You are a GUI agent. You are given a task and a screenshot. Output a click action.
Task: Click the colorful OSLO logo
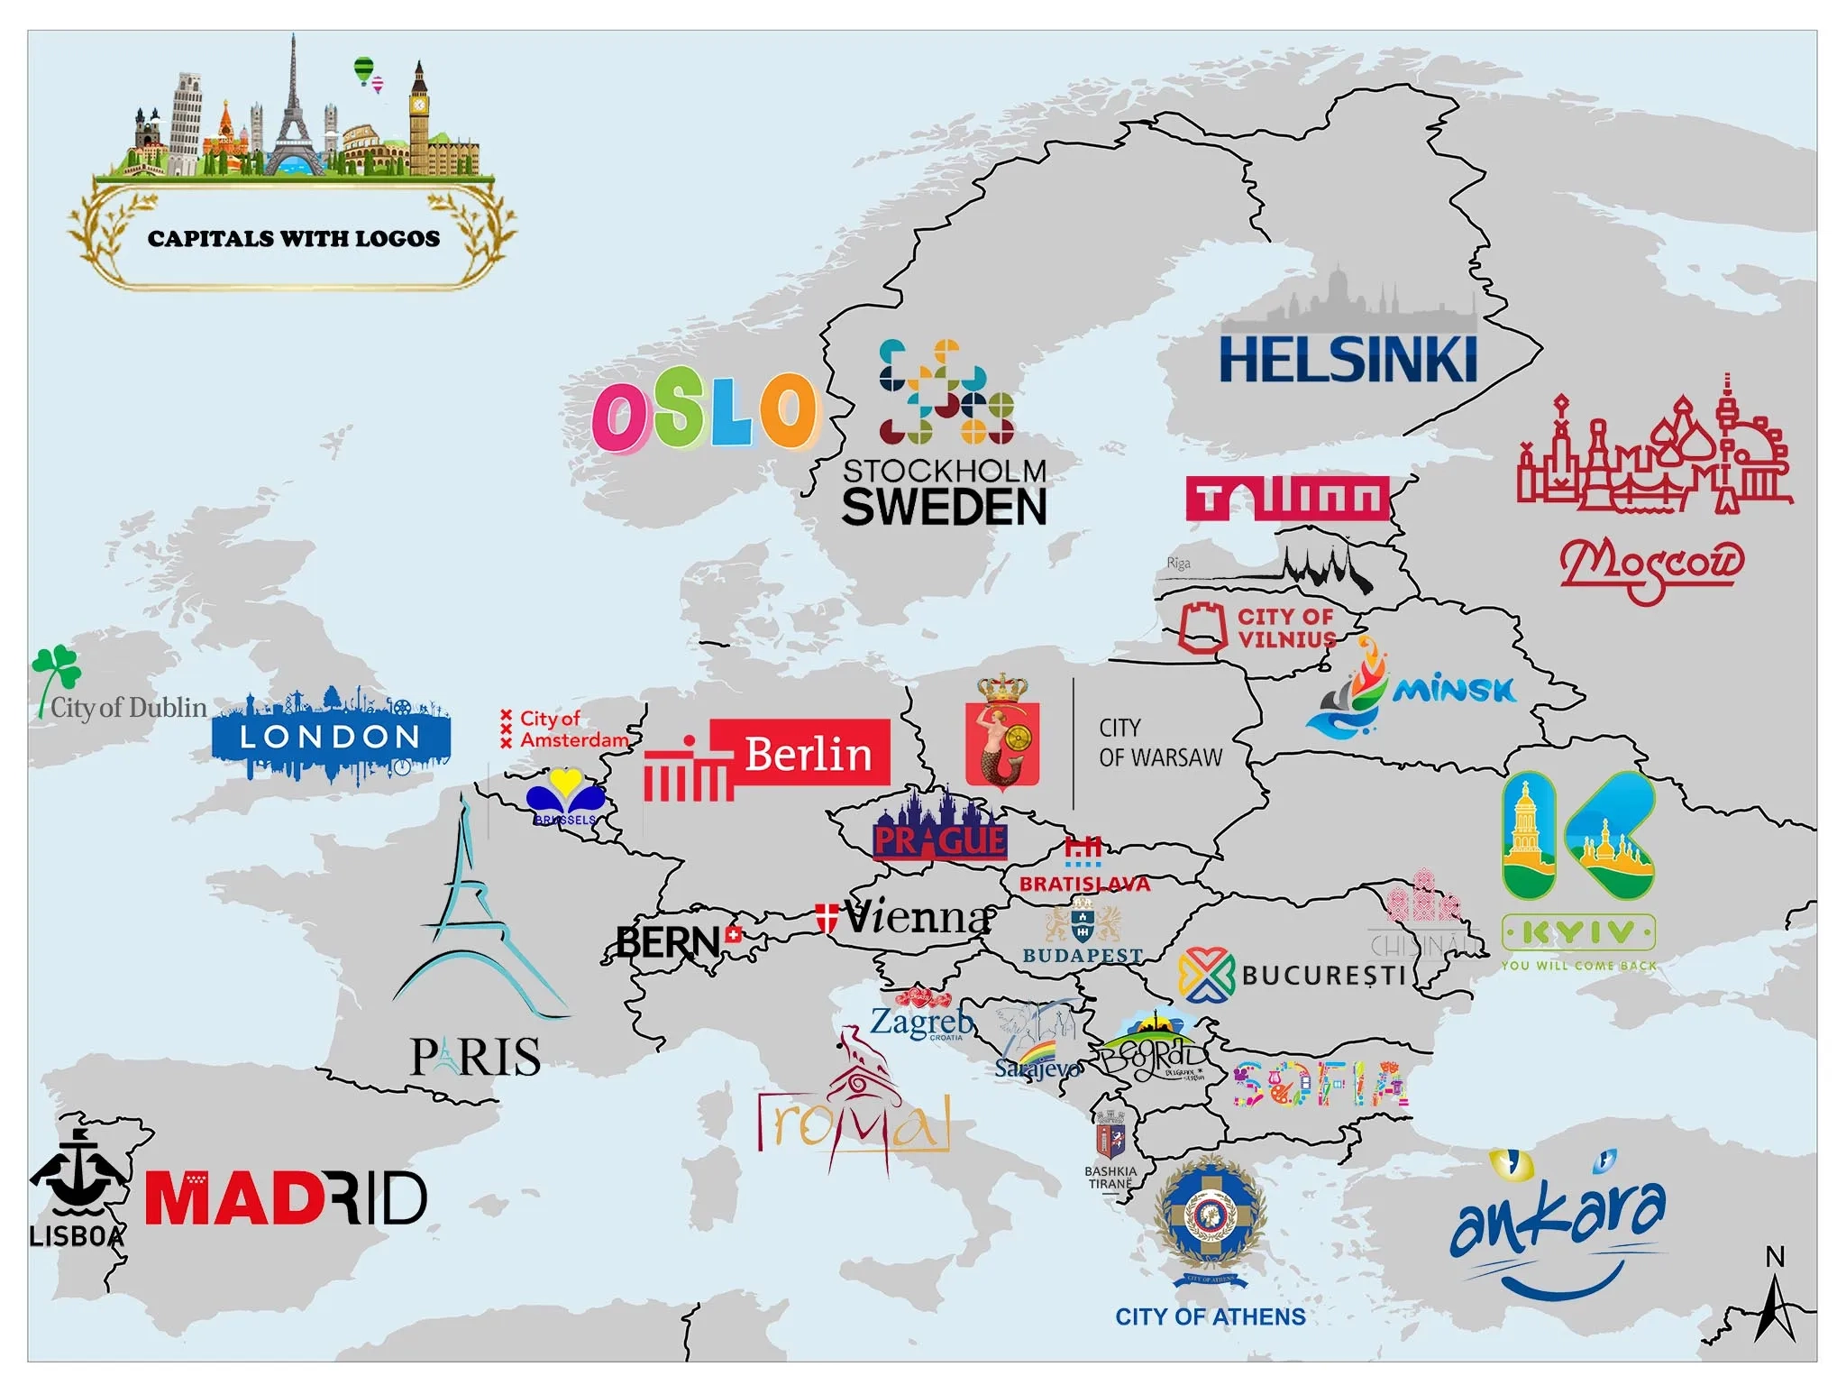[706, 413]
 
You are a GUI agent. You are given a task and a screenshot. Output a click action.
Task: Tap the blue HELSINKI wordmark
[1348, 360]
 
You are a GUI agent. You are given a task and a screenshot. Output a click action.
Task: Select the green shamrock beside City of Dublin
[57, 668]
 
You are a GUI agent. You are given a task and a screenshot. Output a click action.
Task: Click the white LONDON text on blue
[330, 737]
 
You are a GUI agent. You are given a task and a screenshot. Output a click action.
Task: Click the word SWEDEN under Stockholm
[944, 507]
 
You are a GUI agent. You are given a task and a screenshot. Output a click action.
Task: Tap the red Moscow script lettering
[1651, 565]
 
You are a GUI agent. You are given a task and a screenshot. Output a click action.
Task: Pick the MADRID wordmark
[286, 1198]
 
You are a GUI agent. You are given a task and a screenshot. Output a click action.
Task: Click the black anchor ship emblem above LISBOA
[78, 1174]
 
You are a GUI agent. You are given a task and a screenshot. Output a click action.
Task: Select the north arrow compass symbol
[1775, 1299]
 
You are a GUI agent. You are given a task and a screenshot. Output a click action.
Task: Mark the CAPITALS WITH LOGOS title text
[294, 238]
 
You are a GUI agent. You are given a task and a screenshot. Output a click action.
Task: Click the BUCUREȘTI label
[1323, 976]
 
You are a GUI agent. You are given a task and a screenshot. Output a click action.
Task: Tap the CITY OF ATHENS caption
[1210, 1316]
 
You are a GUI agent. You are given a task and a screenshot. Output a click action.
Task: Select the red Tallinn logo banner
[1288, 499]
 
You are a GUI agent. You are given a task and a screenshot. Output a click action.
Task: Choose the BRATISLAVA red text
[1084, 884]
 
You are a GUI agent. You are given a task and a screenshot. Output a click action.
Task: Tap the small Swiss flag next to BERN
[734, 934]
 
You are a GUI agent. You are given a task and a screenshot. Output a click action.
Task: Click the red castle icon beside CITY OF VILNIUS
[1202, 628]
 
